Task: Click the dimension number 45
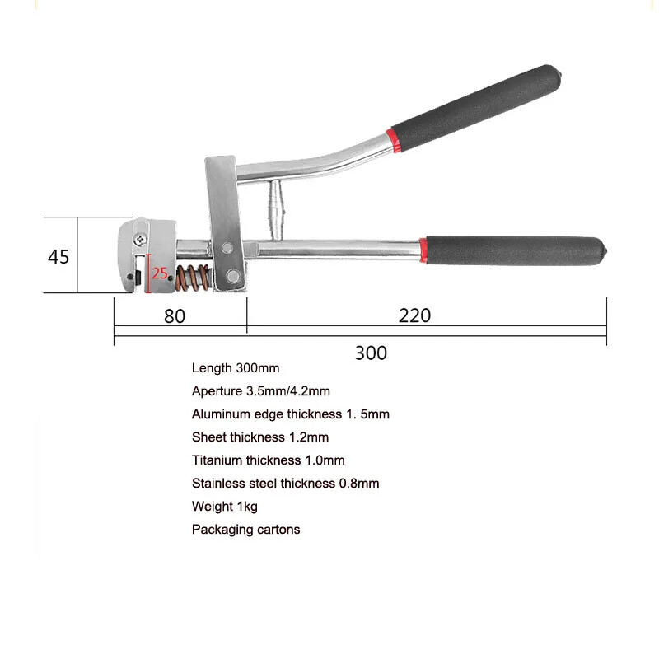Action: click(x=58, y=256)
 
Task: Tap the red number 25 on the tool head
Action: click(x=160, y=272)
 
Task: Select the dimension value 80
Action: click(x=175, y=315)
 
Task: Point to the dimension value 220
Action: click(x=414, y=315)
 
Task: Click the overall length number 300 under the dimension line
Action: click(x=371, y=353)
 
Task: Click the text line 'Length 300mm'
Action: click(x=236, y=368)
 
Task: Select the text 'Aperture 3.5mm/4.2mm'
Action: click(x=260, y=391)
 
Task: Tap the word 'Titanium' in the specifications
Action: click(x=217, y=460)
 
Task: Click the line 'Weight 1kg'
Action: click(x=225, y=507)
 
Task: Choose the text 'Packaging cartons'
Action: click(x=245, y=530)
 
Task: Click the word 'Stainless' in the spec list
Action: click(x=219, y=484)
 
